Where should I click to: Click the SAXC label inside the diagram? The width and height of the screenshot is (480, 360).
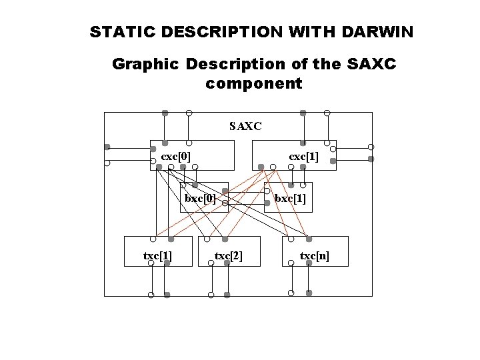[x=245, y=126]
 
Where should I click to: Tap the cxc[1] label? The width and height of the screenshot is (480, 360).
[x=303, y=156]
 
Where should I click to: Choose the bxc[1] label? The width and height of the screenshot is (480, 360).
[x=291, y=199]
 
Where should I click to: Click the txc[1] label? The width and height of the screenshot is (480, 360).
[x=159, y=256]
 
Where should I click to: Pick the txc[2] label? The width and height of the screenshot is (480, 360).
[x=229, y=256]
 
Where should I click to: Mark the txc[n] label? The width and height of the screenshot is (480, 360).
[x=315, y=256]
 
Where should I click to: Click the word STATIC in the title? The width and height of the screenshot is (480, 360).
[x=119, y=31]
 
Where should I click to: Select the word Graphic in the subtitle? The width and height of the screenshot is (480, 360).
[x=147, y=65]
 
